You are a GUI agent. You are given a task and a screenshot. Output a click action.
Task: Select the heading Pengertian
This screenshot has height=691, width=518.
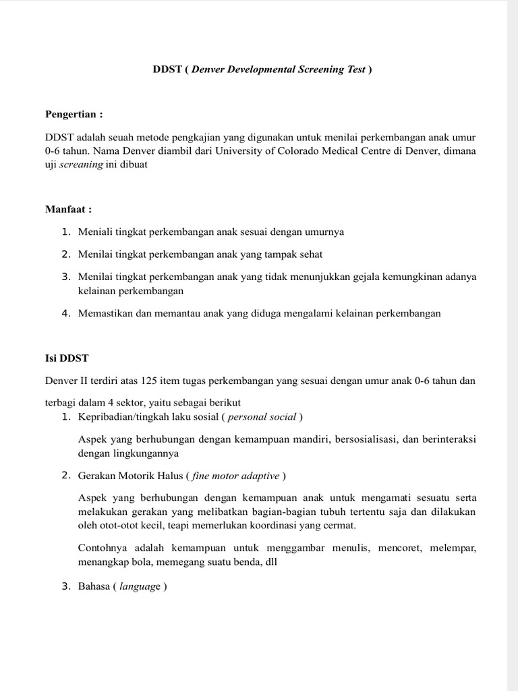click(74, 113)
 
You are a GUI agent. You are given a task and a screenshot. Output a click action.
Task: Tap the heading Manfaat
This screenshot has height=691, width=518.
click(67, 209)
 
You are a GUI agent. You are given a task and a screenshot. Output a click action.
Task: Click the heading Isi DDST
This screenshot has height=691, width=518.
click(67, 358)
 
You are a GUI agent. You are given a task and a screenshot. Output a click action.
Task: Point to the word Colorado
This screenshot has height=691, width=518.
click(295, 150)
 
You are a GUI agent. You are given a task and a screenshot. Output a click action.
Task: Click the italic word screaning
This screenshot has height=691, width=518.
click(79, 165)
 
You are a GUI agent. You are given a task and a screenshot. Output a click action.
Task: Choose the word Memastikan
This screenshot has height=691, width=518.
click(105, 314)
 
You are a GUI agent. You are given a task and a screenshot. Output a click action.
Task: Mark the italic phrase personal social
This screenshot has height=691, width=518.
click(262, 416)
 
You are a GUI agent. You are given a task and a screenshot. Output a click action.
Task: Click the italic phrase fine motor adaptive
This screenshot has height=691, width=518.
click(235, 476)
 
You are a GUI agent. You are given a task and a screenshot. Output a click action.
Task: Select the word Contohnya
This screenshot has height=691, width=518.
click(102, 548)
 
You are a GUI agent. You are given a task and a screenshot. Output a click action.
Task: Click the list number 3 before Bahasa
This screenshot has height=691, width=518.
click(65, 586)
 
